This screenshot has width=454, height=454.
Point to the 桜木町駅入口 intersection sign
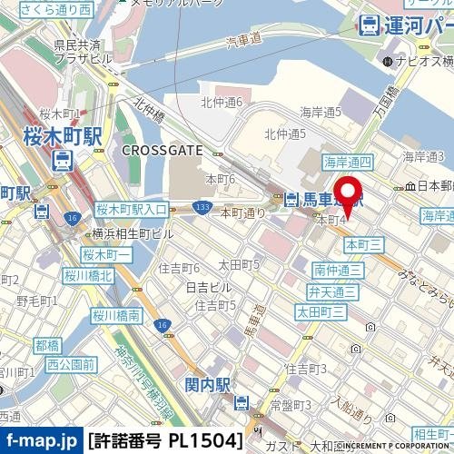click(x=131, y=210)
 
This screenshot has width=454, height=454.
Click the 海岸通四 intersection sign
click(x=348, y=162)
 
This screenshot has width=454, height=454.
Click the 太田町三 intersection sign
click(x=321, y=311)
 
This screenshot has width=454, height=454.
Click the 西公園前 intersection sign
click(x=71, y=364)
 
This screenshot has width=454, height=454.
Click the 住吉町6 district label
click(x=179, y=268)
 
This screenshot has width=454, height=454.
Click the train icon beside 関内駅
click(x=241, y=403)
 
